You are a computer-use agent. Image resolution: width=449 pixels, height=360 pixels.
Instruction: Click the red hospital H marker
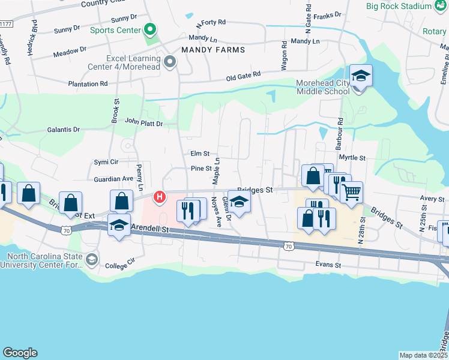159,197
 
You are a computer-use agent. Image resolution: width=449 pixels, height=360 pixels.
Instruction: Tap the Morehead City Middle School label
323,87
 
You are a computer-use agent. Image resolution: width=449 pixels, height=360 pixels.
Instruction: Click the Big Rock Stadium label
399,6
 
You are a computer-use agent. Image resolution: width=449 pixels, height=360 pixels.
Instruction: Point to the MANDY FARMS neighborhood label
213,50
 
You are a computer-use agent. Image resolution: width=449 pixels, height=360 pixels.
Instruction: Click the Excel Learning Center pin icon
170,61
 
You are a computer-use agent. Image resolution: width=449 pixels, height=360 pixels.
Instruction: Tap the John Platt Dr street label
143,122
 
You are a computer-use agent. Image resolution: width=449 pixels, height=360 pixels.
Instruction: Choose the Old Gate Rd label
244,76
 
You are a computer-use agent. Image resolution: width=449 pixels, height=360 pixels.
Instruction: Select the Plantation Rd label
88,84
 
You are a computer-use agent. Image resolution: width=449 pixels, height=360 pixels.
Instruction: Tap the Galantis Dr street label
64,130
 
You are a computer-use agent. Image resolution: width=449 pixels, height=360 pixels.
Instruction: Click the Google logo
20,353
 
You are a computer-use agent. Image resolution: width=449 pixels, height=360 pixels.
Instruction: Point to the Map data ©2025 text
423,355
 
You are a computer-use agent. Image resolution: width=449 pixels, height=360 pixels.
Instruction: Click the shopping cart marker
351,193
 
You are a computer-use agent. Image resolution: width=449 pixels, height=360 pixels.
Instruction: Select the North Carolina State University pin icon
92,259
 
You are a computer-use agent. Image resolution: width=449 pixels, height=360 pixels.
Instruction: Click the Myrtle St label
352,157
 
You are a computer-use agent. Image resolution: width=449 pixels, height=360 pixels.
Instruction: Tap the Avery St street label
432,199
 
